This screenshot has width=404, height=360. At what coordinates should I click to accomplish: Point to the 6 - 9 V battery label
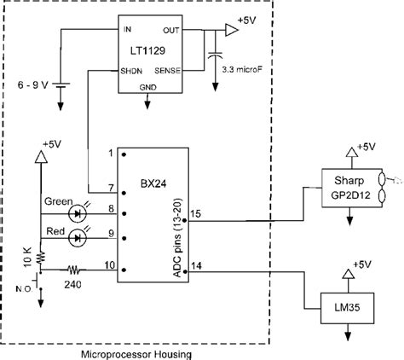[32, 86]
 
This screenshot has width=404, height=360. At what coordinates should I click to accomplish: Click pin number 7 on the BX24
[111, 188]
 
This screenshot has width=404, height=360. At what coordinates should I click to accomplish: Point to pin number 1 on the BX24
[111, 154]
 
